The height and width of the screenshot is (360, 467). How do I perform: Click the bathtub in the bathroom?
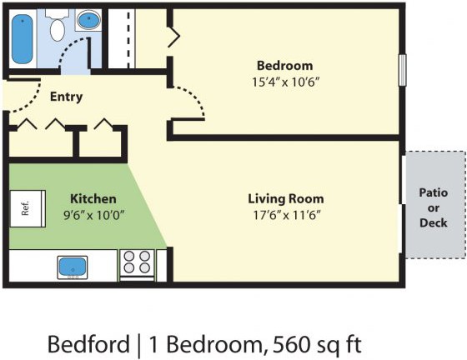click(x=22, y=39)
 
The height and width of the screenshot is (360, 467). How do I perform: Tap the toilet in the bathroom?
click(x=58, y=26)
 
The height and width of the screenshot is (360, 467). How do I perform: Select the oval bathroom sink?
click(x=88, y=20)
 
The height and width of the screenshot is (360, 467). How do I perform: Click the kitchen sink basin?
click(x=73, y=267)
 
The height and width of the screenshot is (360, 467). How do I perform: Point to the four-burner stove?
click(x=137, y=265)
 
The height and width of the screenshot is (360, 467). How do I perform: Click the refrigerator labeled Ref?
click(x=28, y=208)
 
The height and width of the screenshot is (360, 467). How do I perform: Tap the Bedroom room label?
click(x=284, y=66)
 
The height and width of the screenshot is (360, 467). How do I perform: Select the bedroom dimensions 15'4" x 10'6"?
click(x=285, y=82)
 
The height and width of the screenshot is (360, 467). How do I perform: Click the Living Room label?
click(x=286, y=198)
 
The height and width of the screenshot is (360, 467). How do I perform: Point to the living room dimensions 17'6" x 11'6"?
click(x=287, y=215)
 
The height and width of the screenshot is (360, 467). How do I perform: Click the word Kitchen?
click(x=93, y=198)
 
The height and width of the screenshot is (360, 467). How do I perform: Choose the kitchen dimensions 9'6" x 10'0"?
click(x=93, y=215)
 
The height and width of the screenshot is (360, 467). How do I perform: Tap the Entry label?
click(x=66, y=97)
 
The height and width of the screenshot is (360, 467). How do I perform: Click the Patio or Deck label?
click(x=434, y=207)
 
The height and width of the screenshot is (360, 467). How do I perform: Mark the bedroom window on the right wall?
click(x=402, y=70)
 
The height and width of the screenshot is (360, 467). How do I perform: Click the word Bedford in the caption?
click(x=88, y=344)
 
